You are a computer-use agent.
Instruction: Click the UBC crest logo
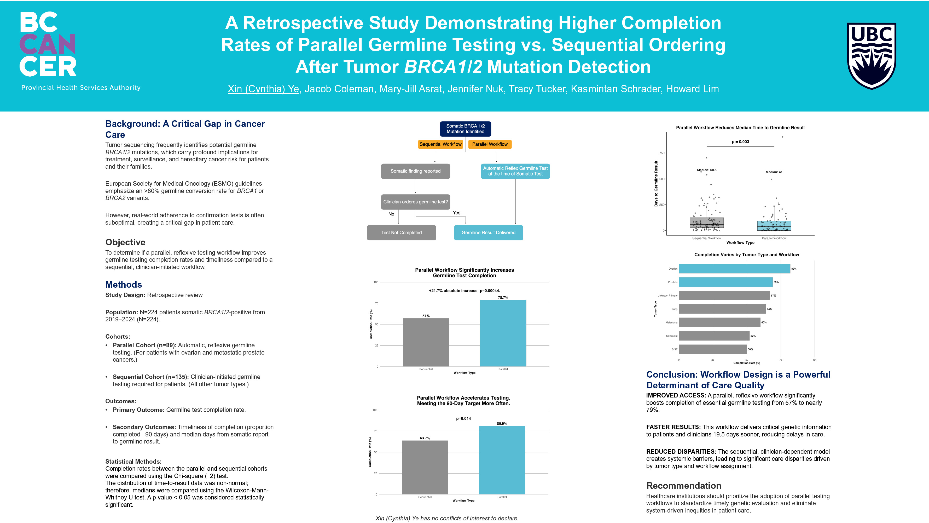871,56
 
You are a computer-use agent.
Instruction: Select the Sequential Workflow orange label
440,144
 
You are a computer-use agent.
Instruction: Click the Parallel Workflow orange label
490,144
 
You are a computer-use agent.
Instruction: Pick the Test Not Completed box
401,233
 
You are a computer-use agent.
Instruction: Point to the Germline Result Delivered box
488,233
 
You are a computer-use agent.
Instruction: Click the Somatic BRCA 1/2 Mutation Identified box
465,129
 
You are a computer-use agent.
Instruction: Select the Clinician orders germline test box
415,202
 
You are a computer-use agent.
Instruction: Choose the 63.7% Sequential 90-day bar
425,467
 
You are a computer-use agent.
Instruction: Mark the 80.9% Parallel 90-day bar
502,460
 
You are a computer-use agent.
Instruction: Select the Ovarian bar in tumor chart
734,269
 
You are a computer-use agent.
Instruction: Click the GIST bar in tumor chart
713,349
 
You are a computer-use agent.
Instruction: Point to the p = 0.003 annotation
740,142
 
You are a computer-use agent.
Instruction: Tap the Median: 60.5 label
706,170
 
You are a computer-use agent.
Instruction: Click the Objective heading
125,242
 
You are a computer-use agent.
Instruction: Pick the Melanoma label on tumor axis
671,323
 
